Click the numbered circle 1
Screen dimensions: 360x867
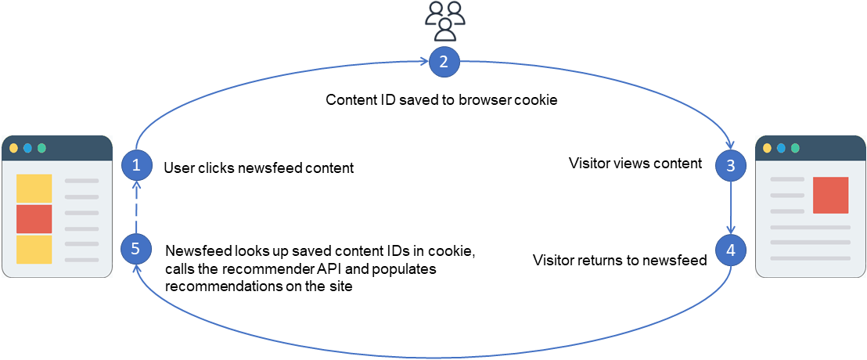click(136, 164)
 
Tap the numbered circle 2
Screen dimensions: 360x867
click(444, 63)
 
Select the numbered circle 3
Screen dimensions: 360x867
click(731, 165)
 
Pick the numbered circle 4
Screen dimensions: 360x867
click(731, 250)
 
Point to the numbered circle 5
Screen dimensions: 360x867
click(136, 249)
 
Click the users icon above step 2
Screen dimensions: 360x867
click(444, 21)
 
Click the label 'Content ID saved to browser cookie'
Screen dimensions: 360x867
click(441, 100)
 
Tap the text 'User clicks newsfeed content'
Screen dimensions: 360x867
click(258, 167)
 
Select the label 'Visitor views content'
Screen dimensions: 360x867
click(635, 164)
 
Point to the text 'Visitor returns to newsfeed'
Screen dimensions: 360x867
click(620, 260)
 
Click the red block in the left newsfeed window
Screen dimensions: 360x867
click(34, 219)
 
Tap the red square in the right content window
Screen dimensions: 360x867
click(830, 195)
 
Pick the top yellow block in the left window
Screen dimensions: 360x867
click(34, 189)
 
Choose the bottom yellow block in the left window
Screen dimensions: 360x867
click(34, 250)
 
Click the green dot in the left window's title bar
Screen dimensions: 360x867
click(41, 148)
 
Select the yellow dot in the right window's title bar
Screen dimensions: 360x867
click(767, 148)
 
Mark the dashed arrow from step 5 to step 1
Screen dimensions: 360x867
click(136, 207)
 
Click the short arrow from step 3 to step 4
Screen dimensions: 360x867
click(731, 207)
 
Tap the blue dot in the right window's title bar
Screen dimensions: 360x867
click(781, 148)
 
